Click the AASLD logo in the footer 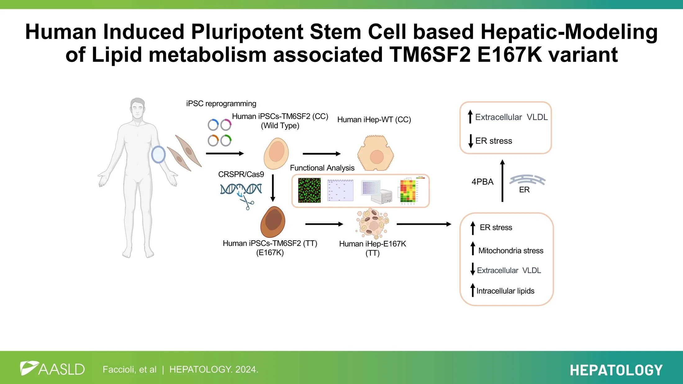coord(52,369)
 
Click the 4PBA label coord(482,182)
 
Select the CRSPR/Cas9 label coord(241,174)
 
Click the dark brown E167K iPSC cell coord(273,222)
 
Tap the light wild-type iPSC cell coord(276,153)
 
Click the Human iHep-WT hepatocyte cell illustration coord(376,153)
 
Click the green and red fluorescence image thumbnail coord(309,190)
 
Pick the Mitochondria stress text coord(511,251)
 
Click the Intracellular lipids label coord(505,291)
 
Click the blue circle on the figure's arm coord(158,155)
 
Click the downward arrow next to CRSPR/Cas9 coord(273,188)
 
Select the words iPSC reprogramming coord(221,103)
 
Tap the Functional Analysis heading coord(322,168)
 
